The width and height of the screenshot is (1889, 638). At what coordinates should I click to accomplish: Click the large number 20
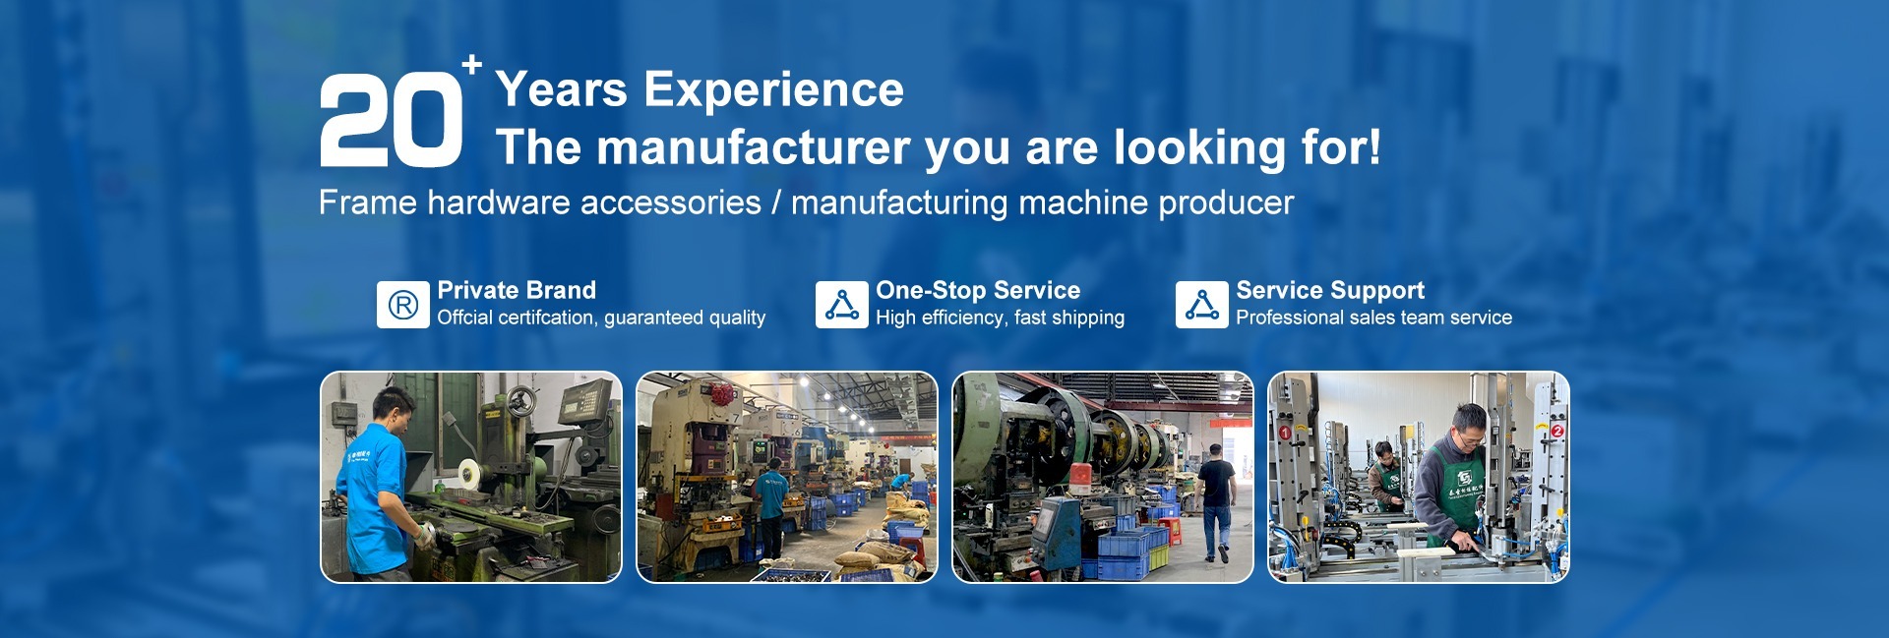(391, 122)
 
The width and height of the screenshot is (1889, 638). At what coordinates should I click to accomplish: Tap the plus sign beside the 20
(472, 65)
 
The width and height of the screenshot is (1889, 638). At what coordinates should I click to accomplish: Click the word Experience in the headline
(773, 89)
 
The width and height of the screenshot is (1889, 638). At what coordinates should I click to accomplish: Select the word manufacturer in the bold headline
(754, 147)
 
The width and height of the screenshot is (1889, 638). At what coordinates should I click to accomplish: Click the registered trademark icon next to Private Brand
(403, 305)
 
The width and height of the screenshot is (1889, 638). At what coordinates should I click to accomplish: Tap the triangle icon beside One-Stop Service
(841, 305)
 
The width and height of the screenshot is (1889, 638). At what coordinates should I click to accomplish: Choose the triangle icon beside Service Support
(1201, 305)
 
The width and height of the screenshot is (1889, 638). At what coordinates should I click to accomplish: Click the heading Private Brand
(517, 290)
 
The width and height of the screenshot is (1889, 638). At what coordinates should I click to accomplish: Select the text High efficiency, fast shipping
(1000, 318)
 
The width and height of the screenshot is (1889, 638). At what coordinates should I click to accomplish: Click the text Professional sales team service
(1373, 318)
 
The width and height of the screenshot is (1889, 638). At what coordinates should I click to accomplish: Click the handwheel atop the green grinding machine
(521, 399)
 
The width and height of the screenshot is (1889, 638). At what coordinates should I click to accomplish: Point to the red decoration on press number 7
(723, 395)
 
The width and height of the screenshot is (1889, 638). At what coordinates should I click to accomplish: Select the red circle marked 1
(1284, 433)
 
